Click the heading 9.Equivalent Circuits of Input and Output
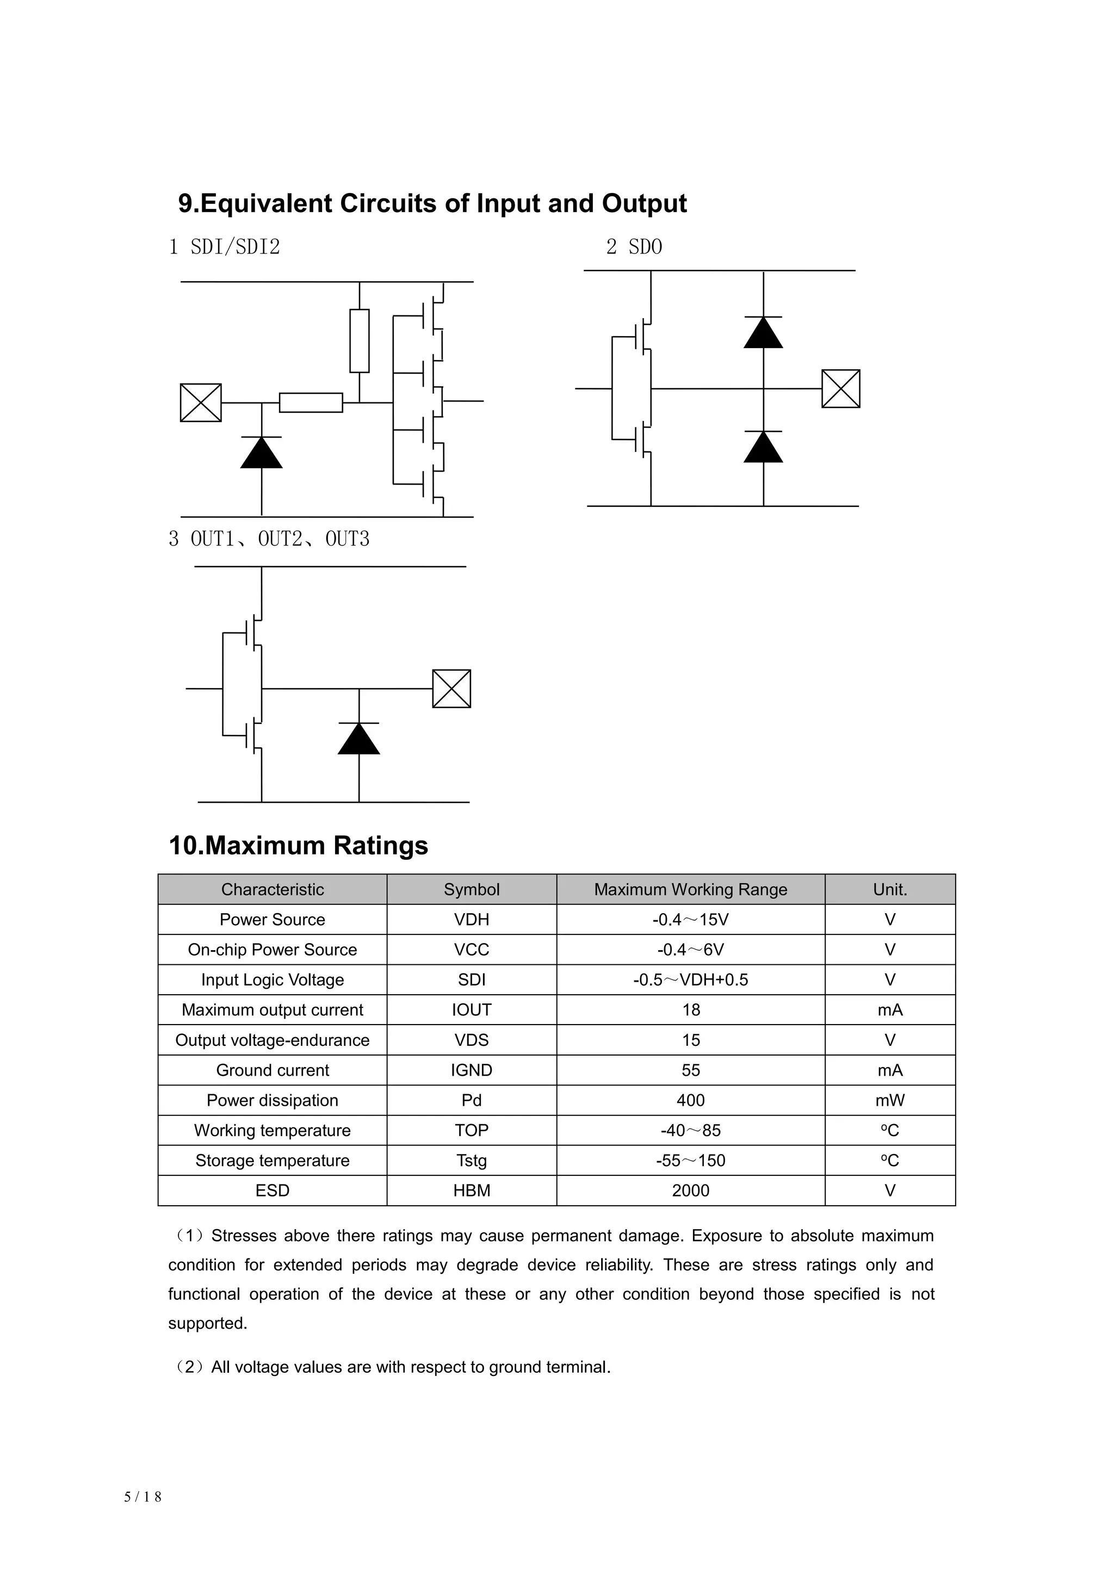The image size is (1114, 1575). pos(432,204)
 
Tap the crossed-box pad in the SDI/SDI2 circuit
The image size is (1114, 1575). pos(200,402)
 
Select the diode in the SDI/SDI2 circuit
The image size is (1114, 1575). pos(261,452)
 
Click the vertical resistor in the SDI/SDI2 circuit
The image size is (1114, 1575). pos(360,341)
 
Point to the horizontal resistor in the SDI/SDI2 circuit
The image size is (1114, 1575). pos(311,402)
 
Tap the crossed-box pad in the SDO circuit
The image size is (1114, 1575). pos(840,389)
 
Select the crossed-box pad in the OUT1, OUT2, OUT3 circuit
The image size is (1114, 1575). pos(451,689)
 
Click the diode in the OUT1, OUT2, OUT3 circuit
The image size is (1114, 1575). pos(359,739)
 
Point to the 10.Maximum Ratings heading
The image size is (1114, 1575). pos(299,846)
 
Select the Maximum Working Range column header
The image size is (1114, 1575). pos(690,890)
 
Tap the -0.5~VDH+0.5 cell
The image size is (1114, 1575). pos(690,980)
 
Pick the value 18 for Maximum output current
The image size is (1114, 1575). pos(691,1010)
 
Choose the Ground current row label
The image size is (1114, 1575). pos(273,1071)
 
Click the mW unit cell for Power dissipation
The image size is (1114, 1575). pos(890,1101)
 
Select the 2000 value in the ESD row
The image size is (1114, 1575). pos(690,1191)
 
